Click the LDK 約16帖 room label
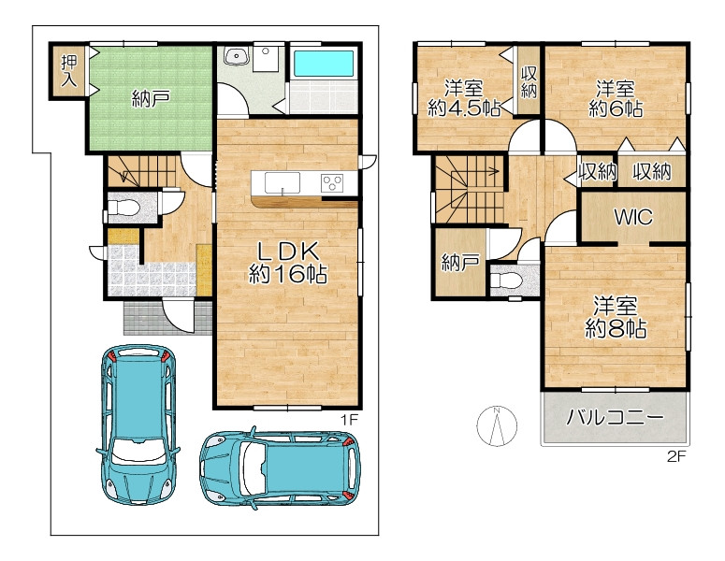coord(288,263)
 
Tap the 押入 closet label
coord(69,71)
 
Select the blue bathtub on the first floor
coord(324,64)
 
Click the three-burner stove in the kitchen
coord(332,183)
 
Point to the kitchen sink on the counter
coord(282,183)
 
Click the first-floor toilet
coord(123,208)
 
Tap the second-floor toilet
coord(506,280)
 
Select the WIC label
coord(633,216)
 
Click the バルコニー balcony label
coord(615,418)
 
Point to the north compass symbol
coord(497,426)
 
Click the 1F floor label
coord(350,420)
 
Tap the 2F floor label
coord(676,456)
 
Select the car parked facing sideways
coord(281,467)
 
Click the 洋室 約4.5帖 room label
coord(464,98)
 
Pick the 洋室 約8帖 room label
coord(616,318)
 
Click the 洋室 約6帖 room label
coord(615,98)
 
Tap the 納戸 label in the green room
coord(151,99)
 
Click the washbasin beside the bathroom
coord(237,57)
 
